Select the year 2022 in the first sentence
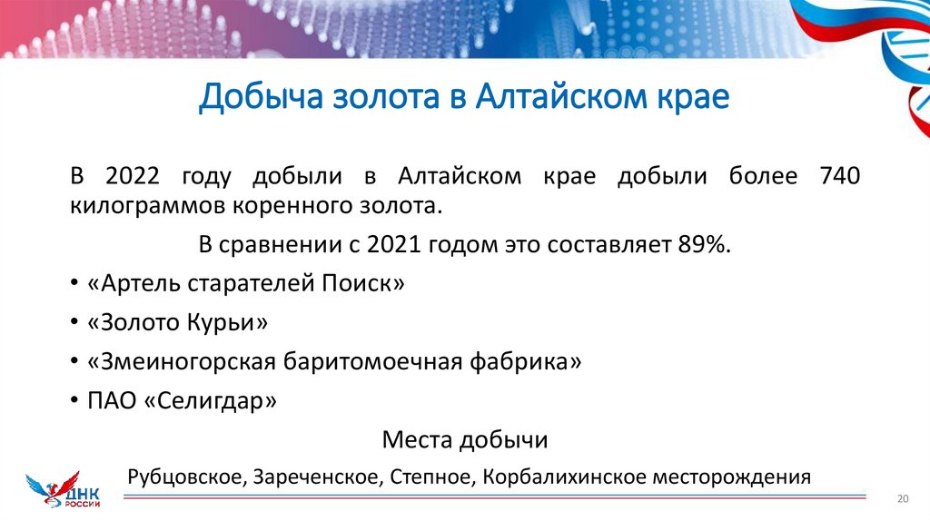(x=134, y=176)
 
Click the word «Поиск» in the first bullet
(x=363, y=283)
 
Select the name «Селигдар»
(x=210, y=400)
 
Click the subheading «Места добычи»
(x=465, y=440)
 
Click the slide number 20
(x=903, y=498)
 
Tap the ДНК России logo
(x=66, y=489)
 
